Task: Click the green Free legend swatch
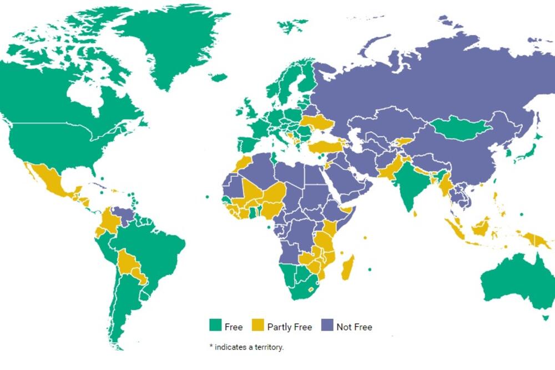(x=215, y=326)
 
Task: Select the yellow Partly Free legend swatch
(x=258, y=326)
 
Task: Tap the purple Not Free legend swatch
(x=327, y=326)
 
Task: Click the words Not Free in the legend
(x=354, y=327)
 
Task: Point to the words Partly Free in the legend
(x=290, y=327)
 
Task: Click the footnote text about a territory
(x=246, y=347)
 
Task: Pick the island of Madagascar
(x=347, y=267)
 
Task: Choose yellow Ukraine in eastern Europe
(x=316, y=123)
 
